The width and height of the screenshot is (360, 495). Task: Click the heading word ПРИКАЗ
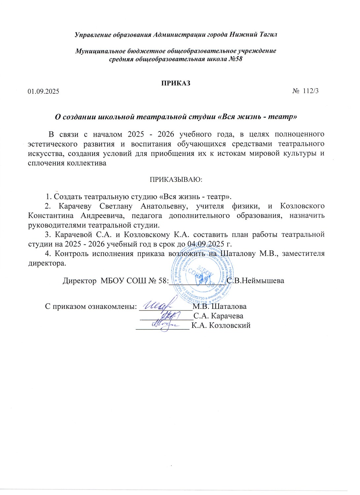(176, 83)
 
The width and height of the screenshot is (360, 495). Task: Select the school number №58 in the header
(235, 59)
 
